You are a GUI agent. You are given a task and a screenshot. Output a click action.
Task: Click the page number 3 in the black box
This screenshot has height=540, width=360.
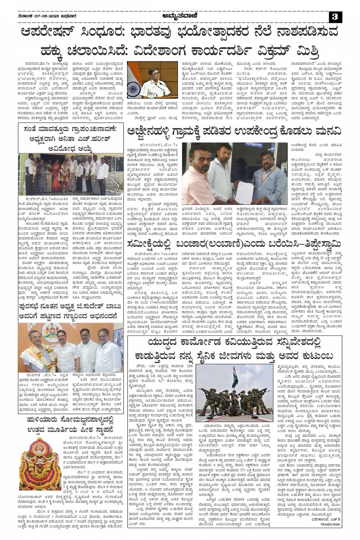point(335,16)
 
